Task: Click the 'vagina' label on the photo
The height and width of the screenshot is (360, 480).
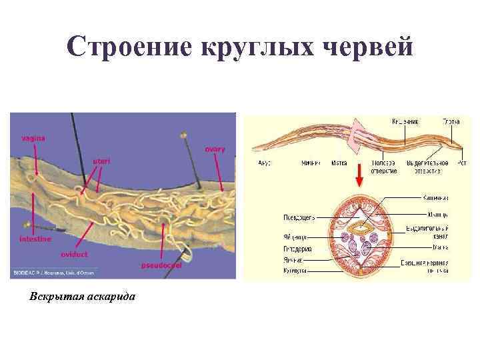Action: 33,138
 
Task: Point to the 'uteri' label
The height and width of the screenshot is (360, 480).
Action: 101,161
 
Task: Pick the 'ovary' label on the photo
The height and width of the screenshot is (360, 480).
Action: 215,149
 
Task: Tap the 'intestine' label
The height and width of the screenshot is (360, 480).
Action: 35,239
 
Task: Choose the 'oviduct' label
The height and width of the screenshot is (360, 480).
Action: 74,255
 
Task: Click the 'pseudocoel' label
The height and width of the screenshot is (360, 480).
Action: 161,265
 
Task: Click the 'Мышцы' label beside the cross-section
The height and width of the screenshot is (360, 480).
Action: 435,214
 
